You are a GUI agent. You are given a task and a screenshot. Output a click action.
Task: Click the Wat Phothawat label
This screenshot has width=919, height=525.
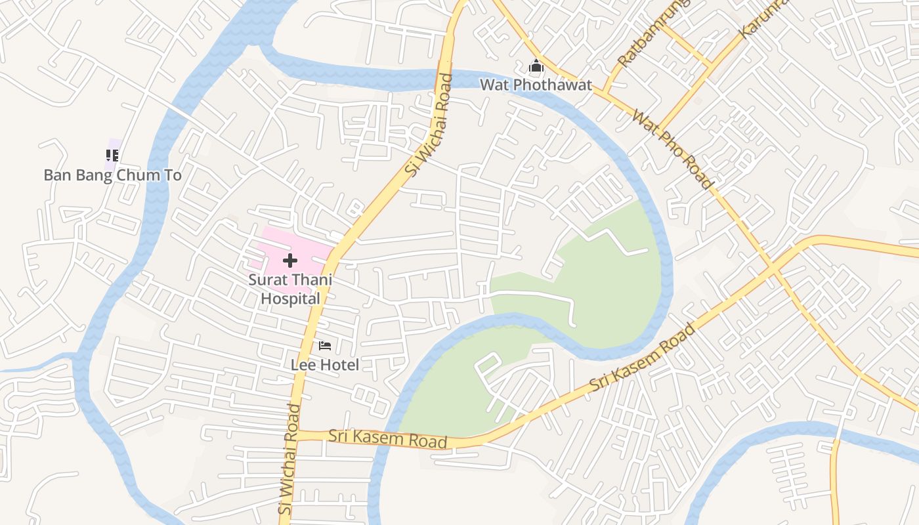[536, 85]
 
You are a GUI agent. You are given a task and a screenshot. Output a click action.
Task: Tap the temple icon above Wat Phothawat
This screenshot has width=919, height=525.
[536, 66]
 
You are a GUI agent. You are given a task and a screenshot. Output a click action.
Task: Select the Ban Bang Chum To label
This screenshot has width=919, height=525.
[112, 175]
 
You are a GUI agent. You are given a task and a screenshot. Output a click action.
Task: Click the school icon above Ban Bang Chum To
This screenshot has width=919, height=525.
[112, 156]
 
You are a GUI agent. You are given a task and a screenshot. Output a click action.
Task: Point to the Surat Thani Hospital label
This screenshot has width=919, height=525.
[290, 289]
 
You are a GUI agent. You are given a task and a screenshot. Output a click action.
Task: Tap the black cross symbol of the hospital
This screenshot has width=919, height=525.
[290, 261]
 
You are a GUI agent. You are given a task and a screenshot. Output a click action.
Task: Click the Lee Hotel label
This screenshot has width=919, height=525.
[325, 365]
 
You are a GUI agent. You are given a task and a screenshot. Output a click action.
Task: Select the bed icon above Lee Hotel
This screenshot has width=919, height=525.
[325, 345]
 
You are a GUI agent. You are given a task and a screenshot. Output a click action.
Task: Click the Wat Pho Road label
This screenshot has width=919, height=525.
[672, 150]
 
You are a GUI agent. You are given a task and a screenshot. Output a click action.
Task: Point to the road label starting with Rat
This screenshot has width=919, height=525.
[653, 33]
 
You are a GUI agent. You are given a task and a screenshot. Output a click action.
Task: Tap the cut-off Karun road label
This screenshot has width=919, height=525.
[761, 16]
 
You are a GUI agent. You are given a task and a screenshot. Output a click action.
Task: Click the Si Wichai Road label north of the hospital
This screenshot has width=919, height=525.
[429, 125]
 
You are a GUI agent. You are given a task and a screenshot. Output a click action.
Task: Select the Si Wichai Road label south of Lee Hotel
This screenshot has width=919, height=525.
[289, 459]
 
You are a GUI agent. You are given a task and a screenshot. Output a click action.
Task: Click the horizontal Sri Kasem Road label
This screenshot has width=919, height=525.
[387, 438]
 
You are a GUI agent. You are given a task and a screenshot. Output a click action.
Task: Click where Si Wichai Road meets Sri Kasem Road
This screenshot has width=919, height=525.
[297, 434]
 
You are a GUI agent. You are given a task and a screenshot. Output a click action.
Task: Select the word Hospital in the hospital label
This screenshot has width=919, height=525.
[290, 299]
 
